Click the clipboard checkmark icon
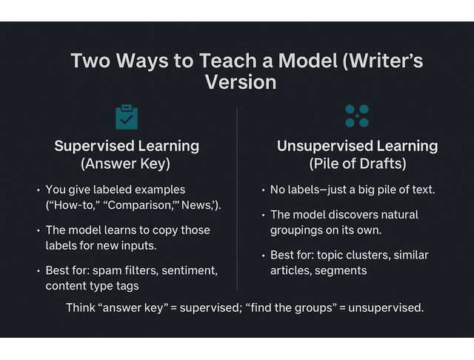click(127, 117)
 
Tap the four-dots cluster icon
click(357, 116)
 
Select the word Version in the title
click(241, 81)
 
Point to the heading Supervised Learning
click(127, 145)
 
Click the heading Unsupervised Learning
click(357, 146)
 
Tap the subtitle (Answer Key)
click(127, 163)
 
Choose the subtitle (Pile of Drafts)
click(357, 163)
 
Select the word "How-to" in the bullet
click(73, 205)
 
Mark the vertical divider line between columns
click(237, 200)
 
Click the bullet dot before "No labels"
click(263, 190)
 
